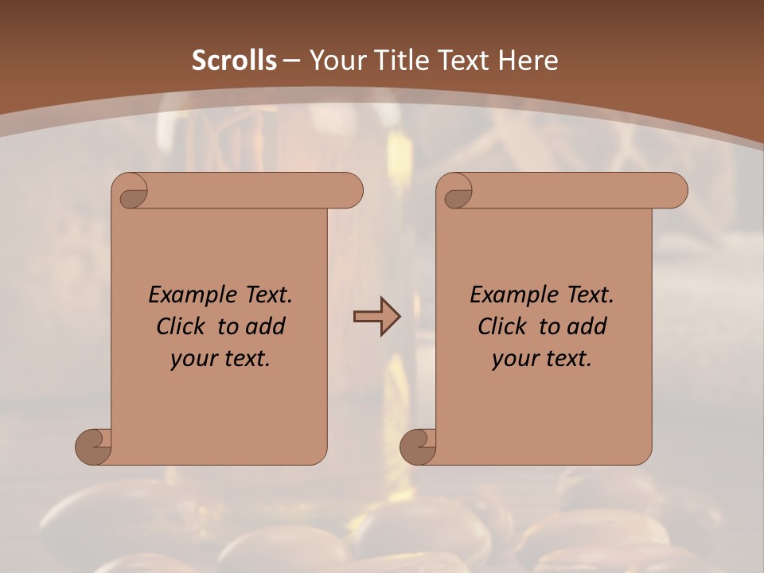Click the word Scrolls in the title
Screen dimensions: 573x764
[x=235, y=60]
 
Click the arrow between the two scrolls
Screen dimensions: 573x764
[x=376, y=317]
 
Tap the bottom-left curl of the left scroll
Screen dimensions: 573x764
[x=94, y=446]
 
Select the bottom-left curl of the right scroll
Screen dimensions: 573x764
[x=419, y=446]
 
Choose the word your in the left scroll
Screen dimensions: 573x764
[x=193, y=359]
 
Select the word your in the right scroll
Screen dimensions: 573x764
[x=515, y=359]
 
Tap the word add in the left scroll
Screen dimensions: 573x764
[x=266, y=326]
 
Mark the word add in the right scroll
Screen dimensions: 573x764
[x=587, y=326]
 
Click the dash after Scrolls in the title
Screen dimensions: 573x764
[x=292, y=60]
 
